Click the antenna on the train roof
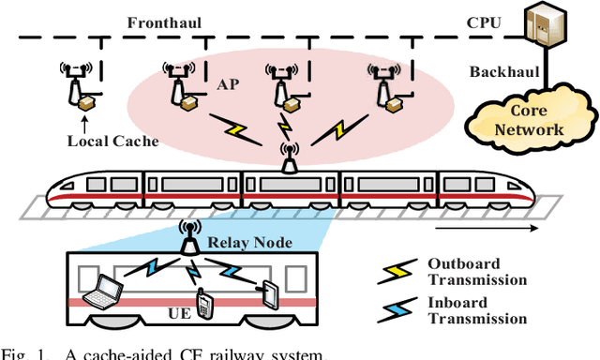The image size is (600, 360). pyautogui.click(x=290, y=157)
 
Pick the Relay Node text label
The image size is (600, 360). pyautogui.click(x=245, y=242)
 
